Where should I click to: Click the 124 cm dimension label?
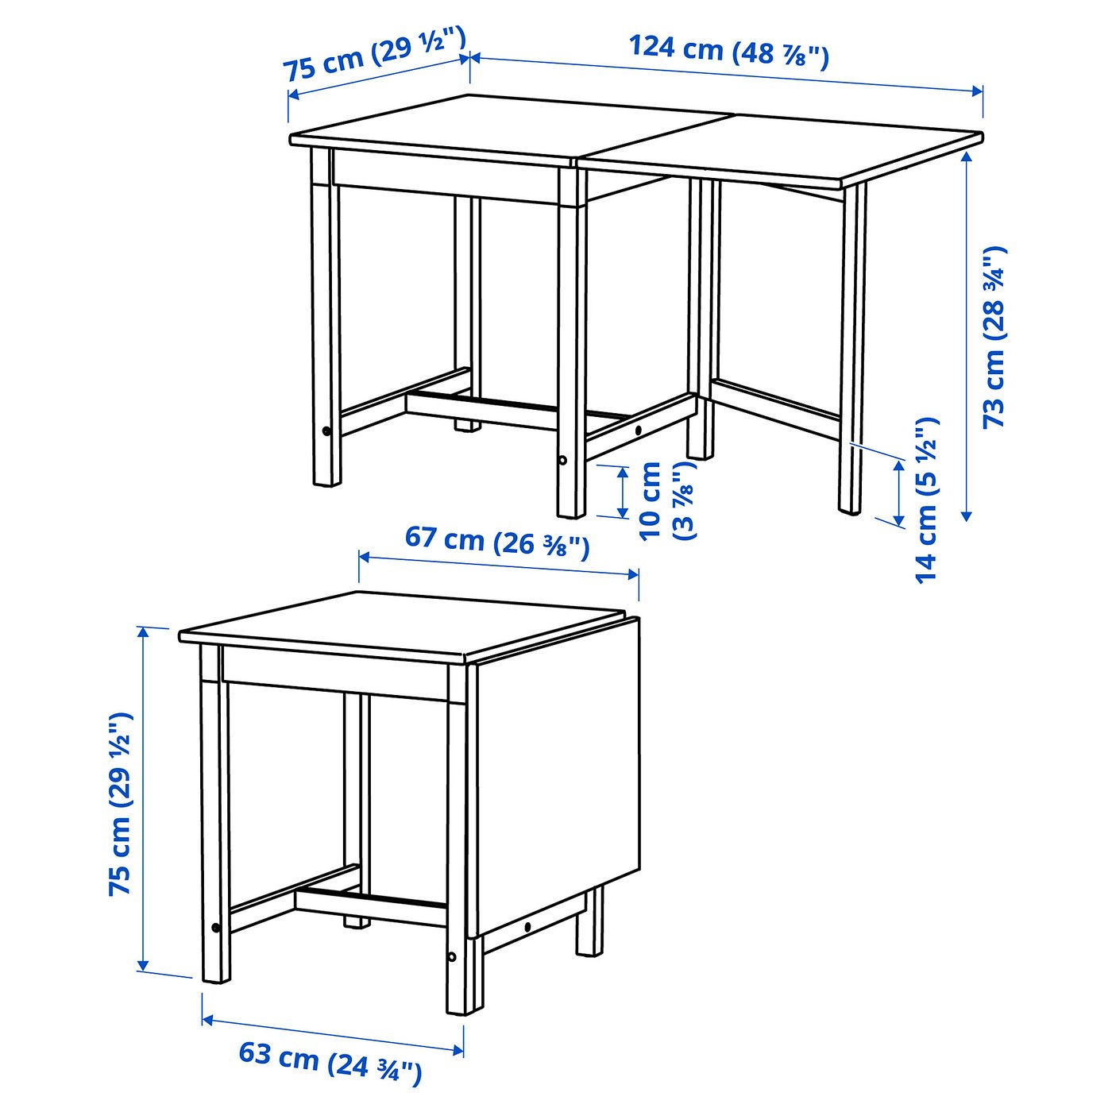(728, 52)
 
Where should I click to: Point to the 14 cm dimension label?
(926, 500)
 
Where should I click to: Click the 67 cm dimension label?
(497, 541)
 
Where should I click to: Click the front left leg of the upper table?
(325, 318)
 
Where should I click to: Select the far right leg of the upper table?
(852, 349)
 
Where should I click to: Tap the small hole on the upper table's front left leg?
(326, 431)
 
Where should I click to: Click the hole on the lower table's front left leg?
(216, 928)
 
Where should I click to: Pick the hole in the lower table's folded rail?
(528, 927)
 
